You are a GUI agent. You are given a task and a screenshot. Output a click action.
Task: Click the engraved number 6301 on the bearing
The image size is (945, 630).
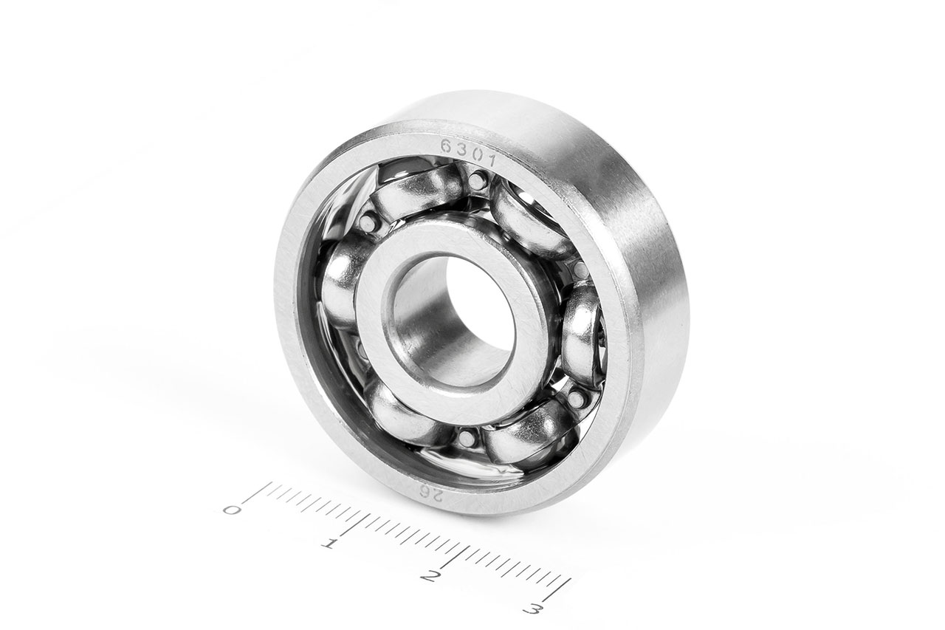(x=467, y=153)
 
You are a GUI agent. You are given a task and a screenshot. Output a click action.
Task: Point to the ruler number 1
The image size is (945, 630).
(x=329, y=543)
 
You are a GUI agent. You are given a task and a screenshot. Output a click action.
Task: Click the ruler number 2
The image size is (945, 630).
(x=429, y=576)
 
